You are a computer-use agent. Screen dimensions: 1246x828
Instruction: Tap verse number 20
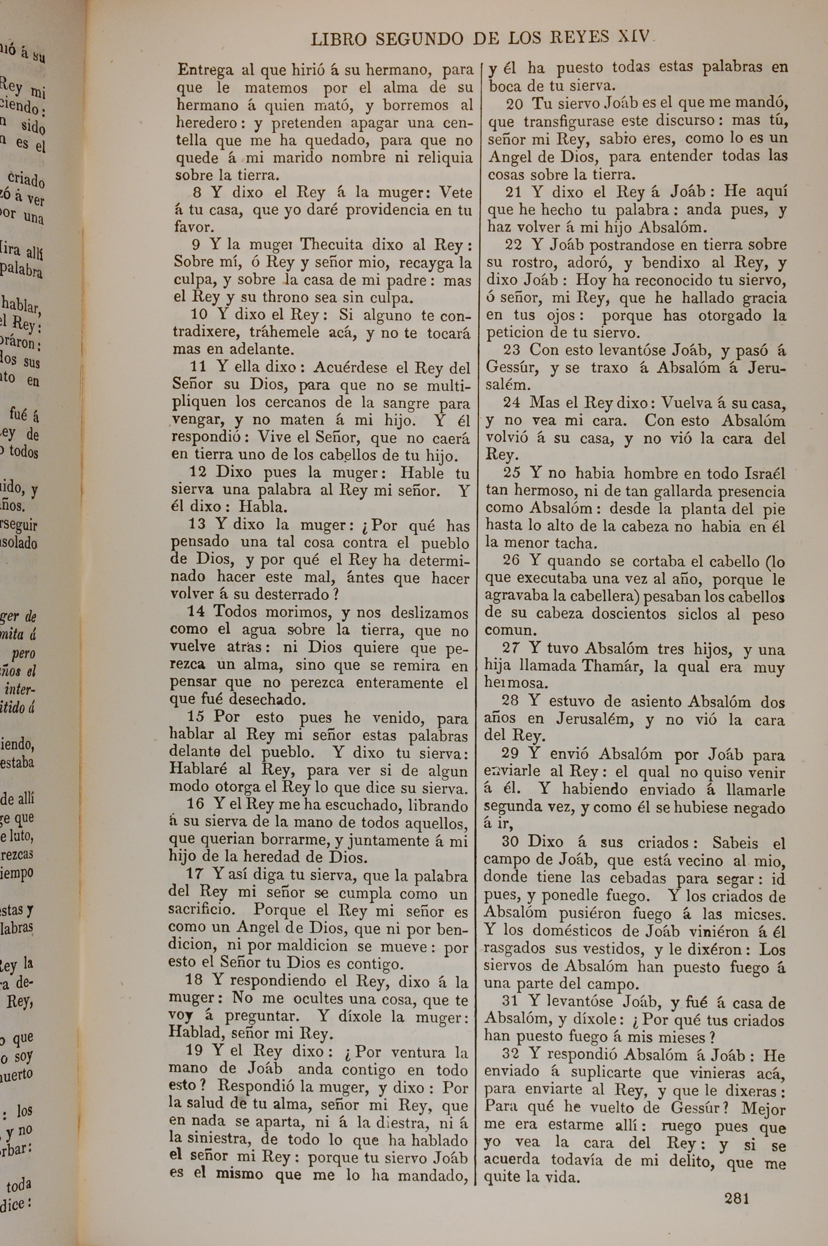(x=514, y=104)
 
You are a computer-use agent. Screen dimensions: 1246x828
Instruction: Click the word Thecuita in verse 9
(x=332, y=245)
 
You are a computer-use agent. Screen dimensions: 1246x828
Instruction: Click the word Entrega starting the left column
(x=205, y=71)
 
